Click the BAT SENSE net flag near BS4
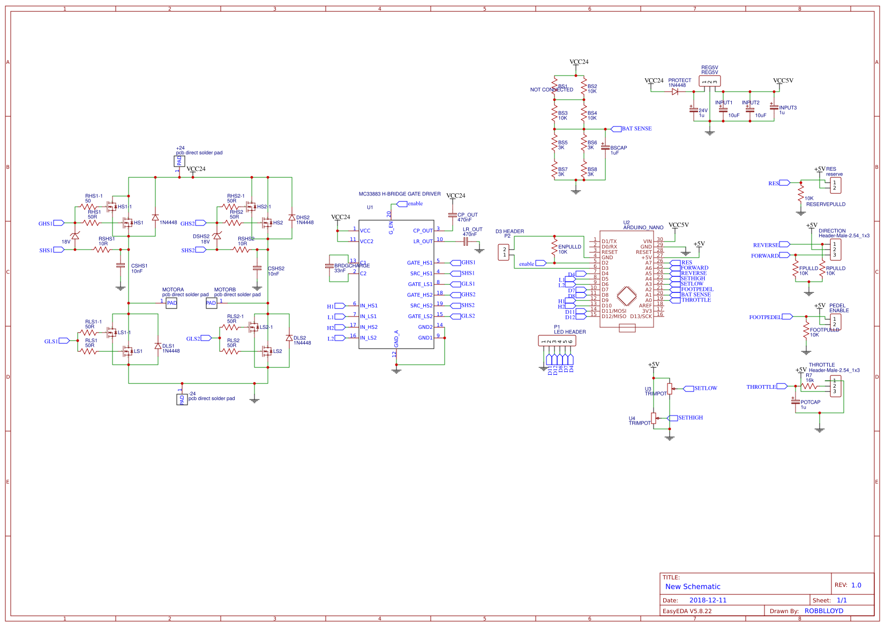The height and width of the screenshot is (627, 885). (x=616, y=129)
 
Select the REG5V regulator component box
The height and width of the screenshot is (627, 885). (x=710, y=81)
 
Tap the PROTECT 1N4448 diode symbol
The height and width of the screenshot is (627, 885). (x=675, y=92)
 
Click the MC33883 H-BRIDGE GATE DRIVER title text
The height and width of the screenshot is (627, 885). (x=400, y=194)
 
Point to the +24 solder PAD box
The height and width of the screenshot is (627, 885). (x=179, y=161)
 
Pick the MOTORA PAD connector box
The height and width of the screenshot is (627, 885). (x=171, y=303)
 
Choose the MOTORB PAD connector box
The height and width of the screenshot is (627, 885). (x=211, y=303)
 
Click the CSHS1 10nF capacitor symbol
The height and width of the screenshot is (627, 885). (x=121, y=266)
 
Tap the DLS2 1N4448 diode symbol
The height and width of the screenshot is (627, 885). (x=289, y=338)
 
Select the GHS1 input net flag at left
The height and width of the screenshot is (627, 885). (x=58, y=223)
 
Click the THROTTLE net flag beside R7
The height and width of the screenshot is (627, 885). (x=782, y=386)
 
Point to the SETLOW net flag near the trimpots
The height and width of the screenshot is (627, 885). (x=688, y=389)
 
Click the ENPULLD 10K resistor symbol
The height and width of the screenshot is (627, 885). (x=554, y=247)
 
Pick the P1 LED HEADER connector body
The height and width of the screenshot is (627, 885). (x=557, y=341)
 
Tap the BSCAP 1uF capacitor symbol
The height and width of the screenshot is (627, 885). (x=605, y=146)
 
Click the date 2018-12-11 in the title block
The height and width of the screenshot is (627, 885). (x=708, y=600)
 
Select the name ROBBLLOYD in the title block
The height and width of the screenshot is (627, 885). (x=823, y=611)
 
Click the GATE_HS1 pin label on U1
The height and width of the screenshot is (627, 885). (x=419, y=263)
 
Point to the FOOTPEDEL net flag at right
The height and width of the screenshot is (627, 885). (x=787, y=317)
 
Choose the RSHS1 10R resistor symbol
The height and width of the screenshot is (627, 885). (x=102, y=250)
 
